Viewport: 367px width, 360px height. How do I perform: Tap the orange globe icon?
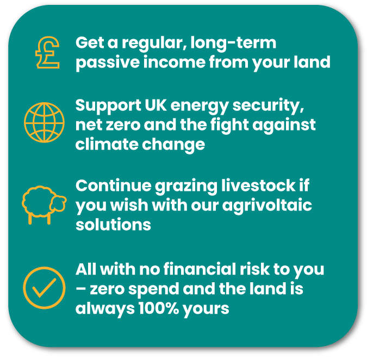click(44, 122)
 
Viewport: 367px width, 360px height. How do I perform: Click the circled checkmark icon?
click(44, 288)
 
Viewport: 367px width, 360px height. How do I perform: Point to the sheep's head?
click(59, 203)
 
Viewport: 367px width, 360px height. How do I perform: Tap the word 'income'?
click(174, 62)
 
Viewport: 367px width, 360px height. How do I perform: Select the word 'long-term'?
click(233, 44)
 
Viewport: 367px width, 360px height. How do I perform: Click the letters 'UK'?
click(155, 105)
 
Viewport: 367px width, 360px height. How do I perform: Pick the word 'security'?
click(268, 106)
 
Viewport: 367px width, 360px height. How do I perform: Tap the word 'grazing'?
click(186, 187)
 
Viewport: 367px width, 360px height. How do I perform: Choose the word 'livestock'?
click(258, 185)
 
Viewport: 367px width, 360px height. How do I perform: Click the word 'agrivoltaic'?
click(267, 206)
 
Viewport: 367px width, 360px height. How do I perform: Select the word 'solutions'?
click(113, 225)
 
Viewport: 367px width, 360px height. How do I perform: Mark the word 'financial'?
click(200, 269)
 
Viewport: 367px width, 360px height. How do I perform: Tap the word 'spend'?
click(154, 290)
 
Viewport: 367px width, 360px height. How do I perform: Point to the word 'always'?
click(105, 309)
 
